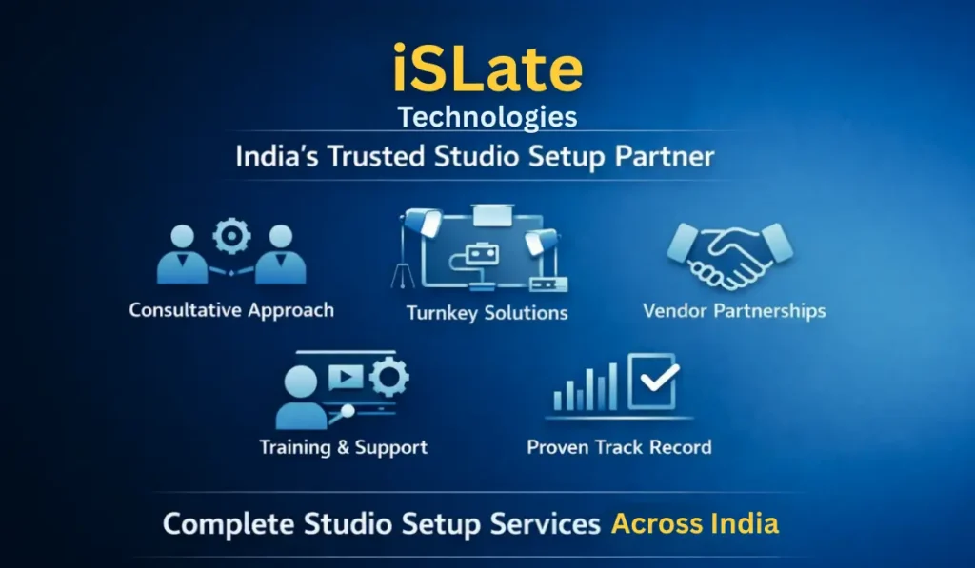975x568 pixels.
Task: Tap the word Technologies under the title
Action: [487, 117]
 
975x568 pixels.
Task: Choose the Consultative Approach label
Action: [231, 310]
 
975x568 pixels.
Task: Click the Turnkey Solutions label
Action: [487, 313]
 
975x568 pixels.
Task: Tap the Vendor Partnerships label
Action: [733, 310]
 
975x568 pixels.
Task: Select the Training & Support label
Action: [343, 447]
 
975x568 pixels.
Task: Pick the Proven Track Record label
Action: [619, 447]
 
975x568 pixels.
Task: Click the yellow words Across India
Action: [694, 523]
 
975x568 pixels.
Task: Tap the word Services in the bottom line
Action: [549, 523]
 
